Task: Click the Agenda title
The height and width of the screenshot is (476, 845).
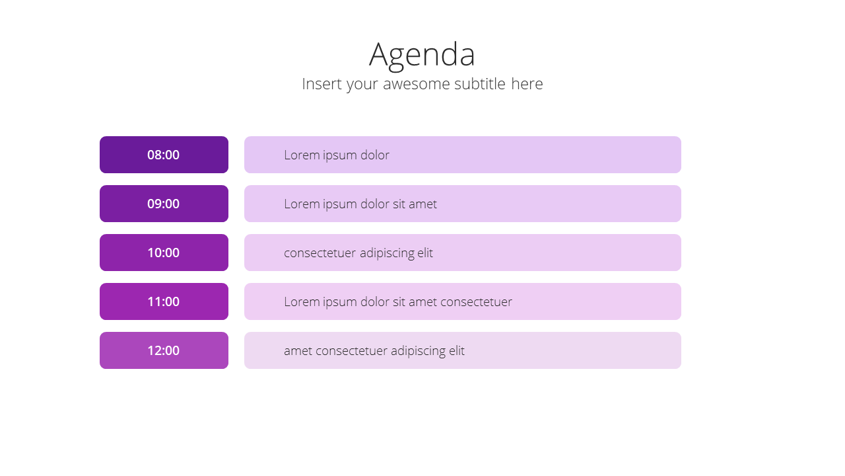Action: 422,55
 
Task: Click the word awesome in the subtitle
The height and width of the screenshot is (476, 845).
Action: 416,84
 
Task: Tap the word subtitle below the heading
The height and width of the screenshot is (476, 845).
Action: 479,83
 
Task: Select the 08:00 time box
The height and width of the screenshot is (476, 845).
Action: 164,155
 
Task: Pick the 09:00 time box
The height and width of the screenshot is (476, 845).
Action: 164,204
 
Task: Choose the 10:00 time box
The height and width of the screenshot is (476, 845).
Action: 164,253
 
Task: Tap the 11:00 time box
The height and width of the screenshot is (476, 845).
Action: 164,301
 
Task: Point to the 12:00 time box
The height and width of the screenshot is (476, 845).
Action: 164,350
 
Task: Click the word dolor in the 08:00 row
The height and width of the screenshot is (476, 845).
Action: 374,155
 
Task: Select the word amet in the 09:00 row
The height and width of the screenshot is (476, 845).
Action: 422,204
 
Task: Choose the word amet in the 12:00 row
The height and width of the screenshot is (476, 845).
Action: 298,351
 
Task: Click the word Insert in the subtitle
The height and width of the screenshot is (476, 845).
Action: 321,84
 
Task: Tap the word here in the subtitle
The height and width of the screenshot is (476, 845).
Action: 527,83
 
